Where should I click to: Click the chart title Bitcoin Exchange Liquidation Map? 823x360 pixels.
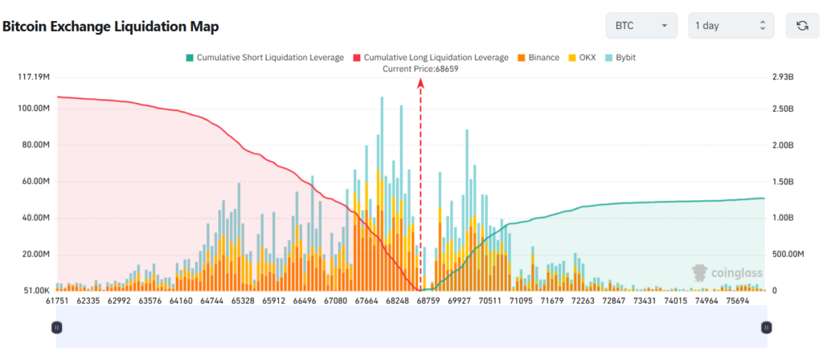coord(111,27)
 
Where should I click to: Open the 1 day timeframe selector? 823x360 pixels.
coord(731,26)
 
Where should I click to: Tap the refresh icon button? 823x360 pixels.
coord(801,26)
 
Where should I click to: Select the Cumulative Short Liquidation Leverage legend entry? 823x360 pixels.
coord(264,58)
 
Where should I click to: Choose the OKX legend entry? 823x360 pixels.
coord(582,58)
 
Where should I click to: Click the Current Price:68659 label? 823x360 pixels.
coord(420,69)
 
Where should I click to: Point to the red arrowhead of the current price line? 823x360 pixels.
coord(420,84)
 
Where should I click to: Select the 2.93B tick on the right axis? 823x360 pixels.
coord(783,77)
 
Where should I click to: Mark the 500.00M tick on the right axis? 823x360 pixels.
coord(788,255)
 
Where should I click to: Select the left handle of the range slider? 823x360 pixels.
coord(57,327)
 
